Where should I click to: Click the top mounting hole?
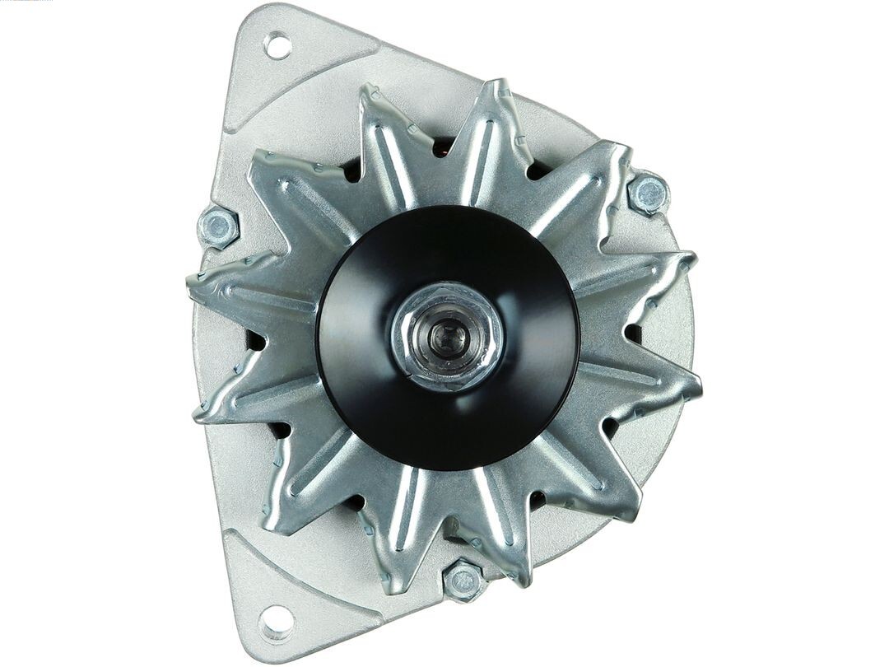tap(277, 44)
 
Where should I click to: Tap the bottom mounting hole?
tap(277, 622)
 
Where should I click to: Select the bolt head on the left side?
tap(219, 226)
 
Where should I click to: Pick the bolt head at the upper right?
tap(649, 194)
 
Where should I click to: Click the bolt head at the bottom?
tap(464, 581)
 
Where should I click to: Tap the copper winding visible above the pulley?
tap(443, 148)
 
